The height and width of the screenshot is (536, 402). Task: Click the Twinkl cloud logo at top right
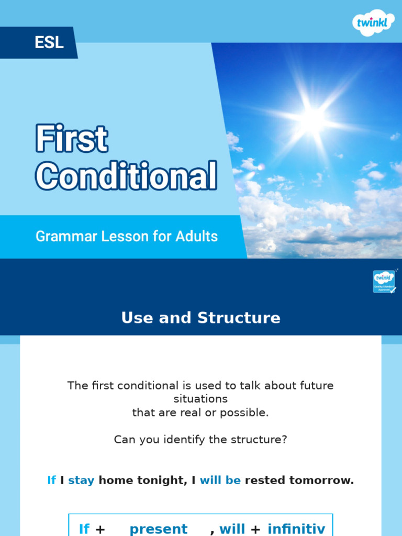click(373, 22)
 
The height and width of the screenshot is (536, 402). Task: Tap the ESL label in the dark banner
click(49, 42)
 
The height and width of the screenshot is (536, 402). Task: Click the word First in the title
click(72, 140)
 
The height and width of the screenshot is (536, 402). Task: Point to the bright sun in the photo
click(313, 119)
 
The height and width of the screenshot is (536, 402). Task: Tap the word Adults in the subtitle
click(197, 237)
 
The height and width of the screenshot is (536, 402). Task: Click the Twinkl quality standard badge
click(384, 282)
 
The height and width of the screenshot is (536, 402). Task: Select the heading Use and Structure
click(200, 318)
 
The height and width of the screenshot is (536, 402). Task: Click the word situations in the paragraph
click(200, 399)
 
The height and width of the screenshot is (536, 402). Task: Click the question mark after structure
click(284, 440)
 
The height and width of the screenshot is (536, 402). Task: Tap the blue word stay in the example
click(81, 481)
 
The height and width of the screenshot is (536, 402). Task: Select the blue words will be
click(220, 481)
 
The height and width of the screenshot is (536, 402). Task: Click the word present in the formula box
click(158, 529)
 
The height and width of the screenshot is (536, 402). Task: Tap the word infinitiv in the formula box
click(296, 529)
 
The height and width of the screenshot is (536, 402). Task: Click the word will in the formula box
click(232, 529)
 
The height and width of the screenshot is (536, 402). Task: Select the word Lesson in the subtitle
click(122, 237)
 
